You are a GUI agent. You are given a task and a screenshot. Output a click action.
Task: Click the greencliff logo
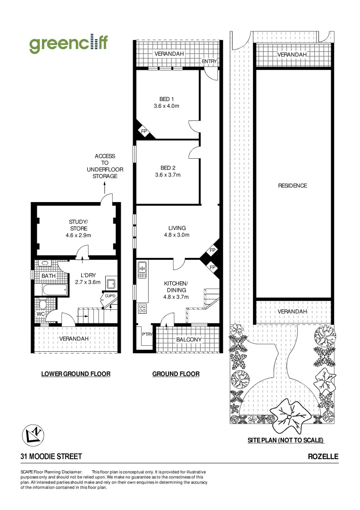68,44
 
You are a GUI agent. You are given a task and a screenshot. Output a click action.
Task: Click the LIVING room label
177,228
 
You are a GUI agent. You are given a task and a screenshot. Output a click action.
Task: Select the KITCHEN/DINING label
176,286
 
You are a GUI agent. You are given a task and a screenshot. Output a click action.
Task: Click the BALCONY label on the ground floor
189,340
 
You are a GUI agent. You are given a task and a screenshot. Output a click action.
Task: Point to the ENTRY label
209,61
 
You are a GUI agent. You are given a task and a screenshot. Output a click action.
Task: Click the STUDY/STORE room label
78,225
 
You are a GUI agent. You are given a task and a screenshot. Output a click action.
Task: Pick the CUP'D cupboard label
110,296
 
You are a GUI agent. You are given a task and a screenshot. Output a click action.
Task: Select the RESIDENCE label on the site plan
293,186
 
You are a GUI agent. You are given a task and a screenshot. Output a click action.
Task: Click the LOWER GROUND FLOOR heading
75,374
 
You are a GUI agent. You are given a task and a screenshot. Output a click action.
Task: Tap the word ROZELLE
323,457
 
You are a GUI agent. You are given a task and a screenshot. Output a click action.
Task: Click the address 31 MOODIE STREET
51,457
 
